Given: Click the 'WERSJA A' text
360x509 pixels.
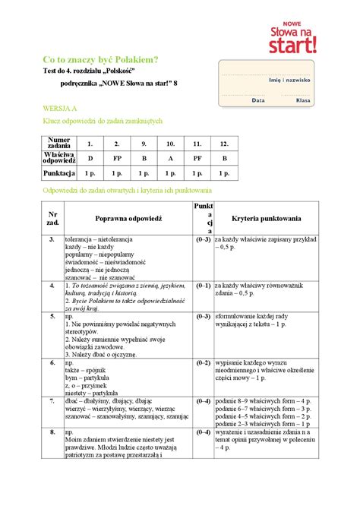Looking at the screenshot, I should click(x=60, y=109).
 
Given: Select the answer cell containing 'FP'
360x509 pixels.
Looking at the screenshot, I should click(x=116, y=158).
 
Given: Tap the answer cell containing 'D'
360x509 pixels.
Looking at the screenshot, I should click(x=90, y=158).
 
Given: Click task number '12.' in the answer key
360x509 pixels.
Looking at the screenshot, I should click(x=224, y=143).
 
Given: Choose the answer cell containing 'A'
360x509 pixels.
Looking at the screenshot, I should click(x=170, y=158).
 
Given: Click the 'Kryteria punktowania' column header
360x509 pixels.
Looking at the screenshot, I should click(x=267, y=217).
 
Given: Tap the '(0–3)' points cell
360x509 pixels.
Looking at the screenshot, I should click(x=203, y=240).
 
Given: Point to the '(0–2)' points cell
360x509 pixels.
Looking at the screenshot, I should click(x=203, y=363).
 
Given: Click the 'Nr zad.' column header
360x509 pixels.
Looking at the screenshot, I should click(x=52, y=217).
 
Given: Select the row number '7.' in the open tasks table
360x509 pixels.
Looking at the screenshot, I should click(x=52, y=400).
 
